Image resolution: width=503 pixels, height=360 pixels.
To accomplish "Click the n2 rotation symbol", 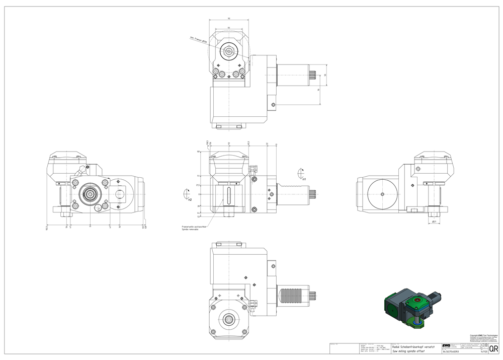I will tap(187, 194).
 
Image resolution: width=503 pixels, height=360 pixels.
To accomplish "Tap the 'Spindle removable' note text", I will tap(190, 230).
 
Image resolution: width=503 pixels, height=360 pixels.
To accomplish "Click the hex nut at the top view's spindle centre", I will tap(229, 51).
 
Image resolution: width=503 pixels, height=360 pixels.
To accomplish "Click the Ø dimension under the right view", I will tap(434, 221).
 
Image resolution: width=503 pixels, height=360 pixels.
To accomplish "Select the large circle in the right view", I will tap(382, 194).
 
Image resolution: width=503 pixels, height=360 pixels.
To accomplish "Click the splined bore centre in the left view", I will tap(91, 193).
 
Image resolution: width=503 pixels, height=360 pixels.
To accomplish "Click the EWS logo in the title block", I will tap(446, 345).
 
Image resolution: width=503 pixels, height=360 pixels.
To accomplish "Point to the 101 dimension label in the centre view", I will tap(199, 151).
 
